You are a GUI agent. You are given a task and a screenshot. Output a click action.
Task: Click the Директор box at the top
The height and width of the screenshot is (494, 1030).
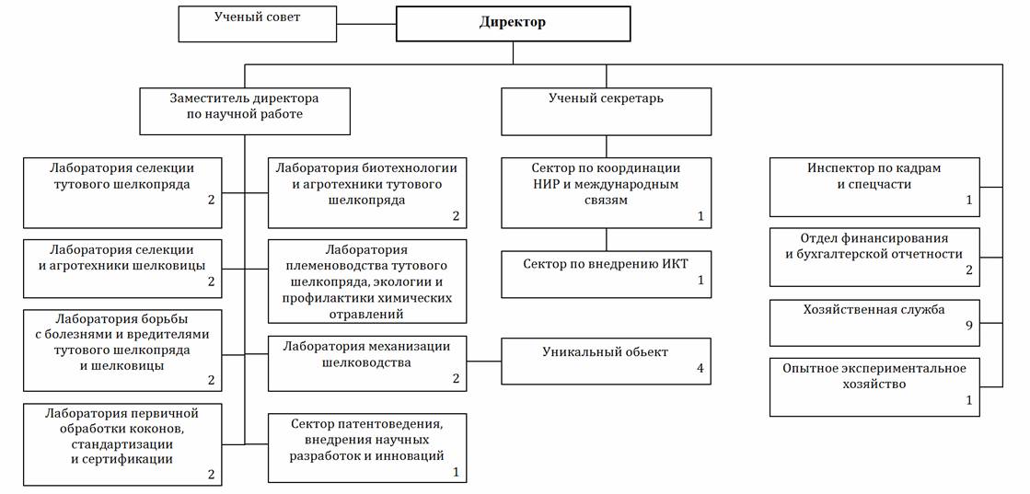click(x=512, y=23)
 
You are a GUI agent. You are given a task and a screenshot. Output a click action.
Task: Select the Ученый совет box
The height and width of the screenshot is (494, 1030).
click(x=257, y=24)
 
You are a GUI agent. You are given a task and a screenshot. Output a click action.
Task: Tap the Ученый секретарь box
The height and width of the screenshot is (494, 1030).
click(x=606, y=110)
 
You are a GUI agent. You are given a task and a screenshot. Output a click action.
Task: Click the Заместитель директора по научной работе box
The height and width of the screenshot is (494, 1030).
click(x=244, y=110)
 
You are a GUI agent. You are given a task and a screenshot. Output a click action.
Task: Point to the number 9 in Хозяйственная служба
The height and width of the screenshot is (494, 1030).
click(x=969, y=325)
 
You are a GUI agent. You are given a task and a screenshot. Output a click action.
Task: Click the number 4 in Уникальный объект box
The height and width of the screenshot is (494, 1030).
click(x=700, y=368)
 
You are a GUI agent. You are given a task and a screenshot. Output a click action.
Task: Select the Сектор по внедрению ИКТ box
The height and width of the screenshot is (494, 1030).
click(x=606, y=273)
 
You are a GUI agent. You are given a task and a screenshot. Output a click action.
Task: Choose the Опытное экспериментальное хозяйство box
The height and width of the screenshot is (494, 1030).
click(x=874, y=386)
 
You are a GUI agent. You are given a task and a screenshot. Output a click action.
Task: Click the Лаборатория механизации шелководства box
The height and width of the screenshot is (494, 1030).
click(x=367, y=362)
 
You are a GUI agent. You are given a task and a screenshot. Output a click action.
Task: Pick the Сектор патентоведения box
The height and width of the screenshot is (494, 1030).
click(x=367, y=447)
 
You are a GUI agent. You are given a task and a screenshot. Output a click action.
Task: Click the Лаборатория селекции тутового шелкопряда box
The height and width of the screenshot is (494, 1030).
click(x=122, y=192)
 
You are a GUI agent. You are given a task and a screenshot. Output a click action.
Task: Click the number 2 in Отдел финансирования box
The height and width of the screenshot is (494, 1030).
click(x=968, y=270)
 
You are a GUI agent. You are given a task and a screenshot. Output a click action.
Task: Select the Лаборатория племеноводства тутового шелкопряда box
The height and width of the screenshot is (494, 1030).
click(x=367, y=281)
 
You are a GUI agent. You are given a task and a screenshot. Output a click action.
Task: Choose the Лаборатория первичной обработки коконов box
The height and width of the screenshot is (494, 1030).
click(x=122, y=444)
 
